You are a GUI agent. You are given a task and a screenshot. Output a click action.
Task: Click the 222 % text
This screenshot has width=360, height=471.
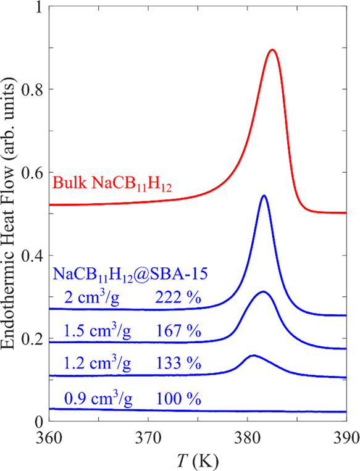(x=178, y=298)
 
